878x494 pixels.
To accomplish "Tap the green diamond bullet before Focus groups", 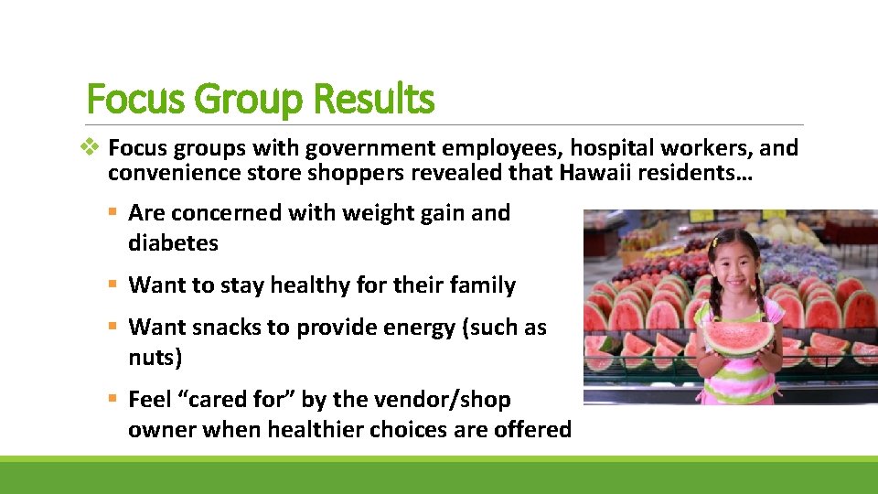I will tap(93, 147).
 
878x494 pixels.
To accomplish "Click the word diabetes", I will tap(173, 243).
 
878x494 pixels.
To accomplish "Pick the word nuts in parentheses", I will tap(153, 357).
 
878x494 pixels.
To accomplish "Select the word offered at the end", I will tap(532, 429).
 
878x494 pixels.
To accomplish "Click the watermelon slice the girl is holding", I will tap(737, 337).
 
